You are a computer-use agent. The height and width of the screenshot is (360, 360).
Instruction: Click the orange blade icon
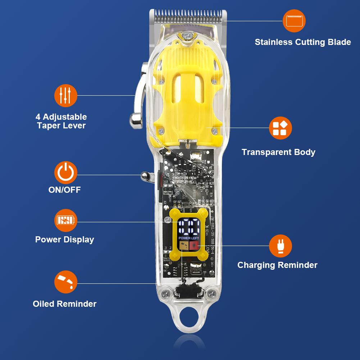[294, 21]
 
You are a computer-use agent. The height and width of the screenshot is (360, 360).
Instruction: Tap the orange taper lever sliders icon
[66, 95]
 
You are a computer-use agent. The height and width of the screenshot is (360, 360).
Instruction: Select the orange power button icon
[66, 173]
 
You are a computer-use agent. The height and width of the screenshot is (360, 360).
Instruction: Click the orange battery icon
[66, 220]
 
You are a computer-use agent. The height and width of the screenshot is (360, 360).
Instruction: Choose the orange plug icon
[281, 246]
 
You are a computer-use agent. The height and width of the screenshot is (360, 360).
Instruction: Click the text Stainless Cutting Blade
[303, 42]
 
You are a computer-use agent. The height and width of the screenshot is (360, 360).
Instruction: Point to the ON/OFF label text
[65, 190]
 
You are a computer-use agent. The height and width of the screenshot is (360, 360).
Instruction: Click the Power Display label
[65, 240]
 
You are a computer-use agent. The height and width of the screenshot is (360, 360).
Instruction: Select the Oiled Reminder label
[65, 304]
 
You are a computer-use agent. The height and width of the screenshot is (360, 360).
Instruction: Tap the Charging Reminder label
[277, 265]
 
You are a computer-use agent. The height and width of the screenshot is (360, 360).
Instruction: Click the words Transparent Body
[278, 152]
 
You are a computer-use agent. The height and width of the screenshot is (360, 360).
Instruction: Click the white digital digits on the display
[190, 228]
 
